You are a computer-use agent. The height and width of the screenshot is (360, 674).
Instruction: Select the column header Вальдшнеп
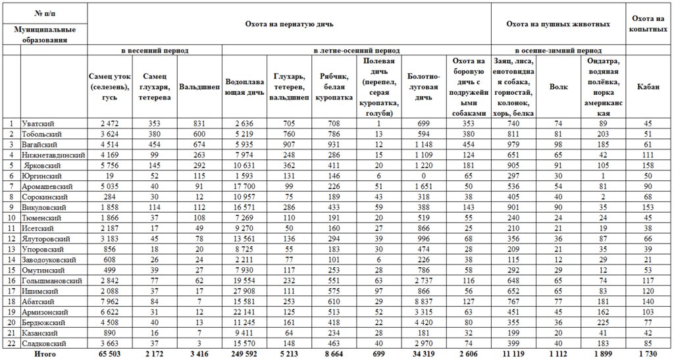pyautogui.click(x=199, y=87)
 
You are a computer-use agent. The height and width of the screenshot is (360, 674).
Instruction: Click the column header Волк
pyautogui.click(x=558, y=87)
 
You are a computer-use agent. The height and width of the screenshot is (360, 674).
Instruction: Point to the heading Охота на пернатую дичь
pyautogui.click(x=289, y=24)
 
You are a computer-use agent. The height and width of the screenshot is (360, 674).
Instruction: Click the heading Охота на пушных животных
pyautogui.click(x=557, y=24)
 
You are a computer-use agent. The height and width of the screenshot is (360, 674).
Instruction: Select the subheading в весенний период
pyautogui.click(x=155, y=50)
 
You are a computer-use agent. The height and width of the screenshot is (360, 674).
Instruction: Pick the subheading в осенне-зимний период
pyautogui.click(x=557, y=50)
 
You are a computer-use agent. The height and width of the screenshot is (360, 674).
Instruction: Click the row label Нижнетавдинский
pyautogui.click(x=53, y=155)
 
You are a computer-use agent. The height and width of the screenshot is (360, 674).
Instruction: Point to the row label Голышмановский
pyautogui.click(x=52, y=281)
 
